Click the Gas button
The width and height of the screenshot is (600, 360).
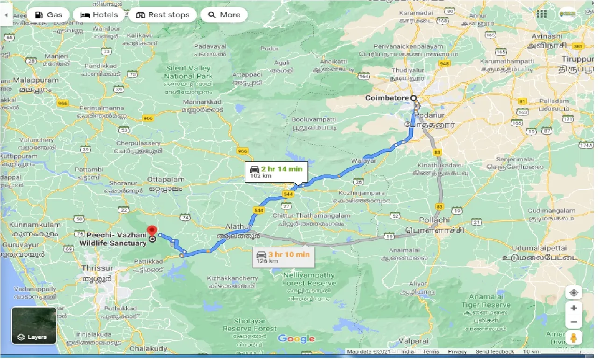point(48,15)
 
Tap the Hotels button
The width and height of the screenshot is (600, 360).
point(99,15)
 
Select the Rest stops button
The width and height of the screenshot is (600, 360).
point(163,15)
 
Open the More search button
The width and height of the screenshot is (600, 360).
point(224,15)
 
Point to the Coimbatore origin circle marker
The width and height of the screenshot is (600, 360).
point(413,98)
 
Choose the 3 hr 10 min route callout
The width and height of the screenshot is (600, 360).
point(283,258)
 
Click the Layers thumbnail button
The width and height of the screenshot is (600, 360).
point(34,325)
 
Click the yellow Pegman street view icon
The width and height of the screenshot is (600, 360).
point(573,338)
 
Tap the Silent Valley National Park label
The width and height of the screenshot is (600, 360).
point(188,72)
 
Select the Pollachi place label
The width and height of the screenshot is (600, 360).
point(434,219)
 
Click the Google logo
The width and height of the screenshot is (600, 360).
point(296,339)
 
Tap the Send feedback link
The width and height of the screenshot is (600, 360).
point(495,352)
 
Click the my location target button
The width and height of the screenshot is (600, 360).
point(573,293)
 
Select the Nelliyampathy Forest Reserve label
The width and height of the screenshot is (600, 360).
point(309,279)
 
